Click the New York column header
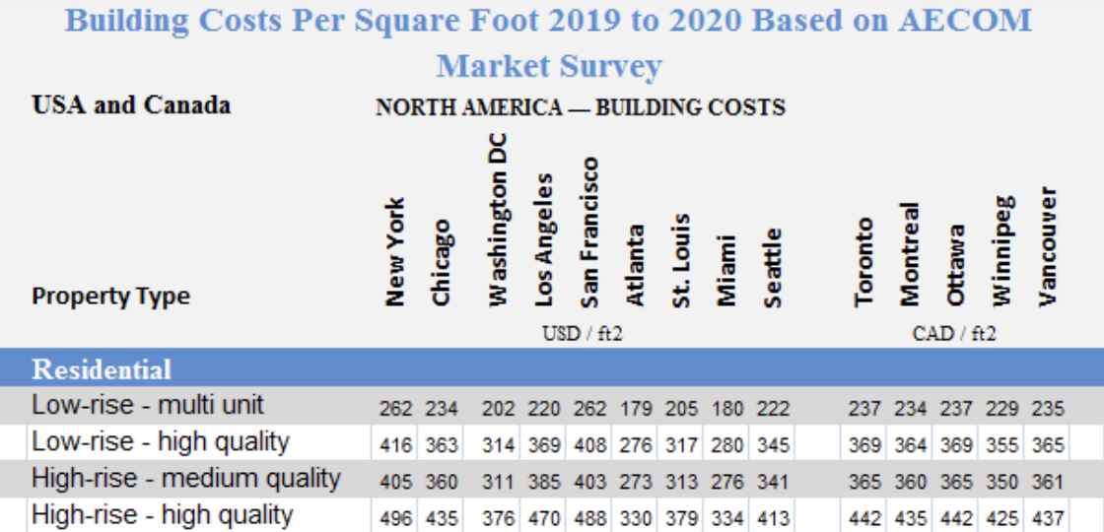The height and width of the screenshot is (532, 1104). (394, 252)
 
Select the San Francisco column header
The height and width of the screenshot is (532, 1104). (589, 232)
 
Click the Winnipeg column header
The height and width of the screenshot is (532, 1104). (1001, 250)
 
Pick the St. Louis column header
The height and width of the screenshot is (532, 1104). (681, 261)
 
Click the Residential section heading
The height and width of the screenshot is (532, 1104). (102, 369)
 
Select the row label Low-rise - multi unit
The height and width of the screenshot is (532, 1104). (148, 405)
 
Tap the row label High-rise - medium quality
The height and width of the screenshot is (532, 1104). (186, 479)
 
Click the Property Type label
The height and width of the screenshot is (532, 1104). (110, 297)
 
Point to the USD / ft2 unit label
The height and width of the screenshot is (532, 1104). (583, 334)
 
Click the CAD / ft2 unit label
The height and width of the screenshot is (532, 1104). (953, 334)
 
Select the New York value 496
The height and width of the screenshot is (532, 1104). (395, 517)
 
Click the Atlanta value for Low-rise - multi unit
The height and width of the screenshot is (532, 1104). (636, 408)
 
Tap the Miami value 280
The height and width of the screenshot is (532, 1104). (727, 445)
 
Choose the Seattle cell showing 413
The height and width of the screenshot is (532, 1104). (775, 517)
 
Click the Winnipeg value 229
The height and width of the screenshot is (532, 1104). (1000, 408)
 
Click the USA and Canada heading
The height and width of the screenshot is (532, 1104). (131, 104)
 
